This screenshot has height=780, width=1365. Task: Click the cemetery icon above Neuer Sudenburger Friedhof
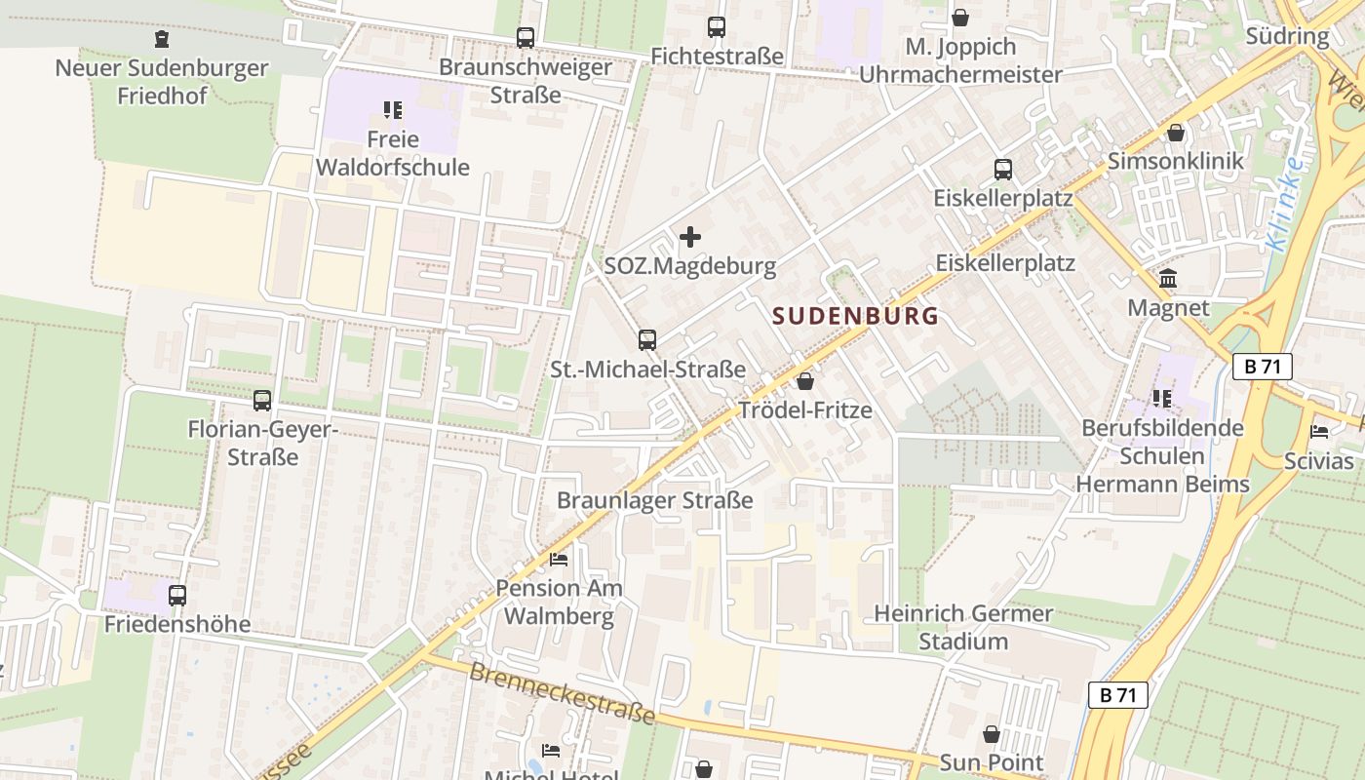[161, 39]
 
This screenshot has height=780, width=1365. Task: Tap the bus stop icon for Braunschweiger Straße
[526, 38]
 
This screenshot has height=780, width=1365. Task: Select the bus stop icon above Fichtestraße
[717, 27]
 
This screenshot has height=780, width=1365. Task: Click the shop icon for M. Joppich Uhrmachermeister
[960, 18]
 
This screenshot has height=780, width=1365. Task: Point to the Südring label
[1287, 37]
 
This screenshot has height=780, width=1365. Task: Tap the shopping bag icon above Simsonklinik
[1176, 133]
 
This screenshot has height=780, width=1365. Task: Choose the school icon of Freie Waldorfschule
[393, 110]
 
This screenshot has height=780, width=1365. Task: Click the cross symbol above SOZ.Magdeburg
[690, 237]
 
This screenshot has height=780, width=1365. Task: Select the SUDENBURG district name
[856, 316]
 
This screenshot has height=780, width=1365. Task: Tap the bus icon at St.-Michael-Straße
[647, 340]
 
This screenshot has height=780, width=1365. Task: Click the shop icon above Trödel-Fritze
[805, 381]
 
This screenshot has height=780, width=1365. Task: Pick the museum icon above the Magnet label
[1168, 280]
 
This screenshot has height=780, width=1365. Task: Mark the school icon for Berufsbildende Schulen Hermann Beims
[1162, 399]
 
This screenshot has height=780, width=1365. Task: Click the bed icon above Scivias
[1319, 432]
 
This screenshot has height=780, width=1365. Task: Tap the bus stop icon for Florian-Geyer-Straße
[262, 400]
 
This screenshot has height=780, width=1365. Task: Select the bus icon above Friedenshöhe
[177, 595]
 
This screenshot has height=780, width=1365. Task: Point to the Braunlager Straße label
[655, 500]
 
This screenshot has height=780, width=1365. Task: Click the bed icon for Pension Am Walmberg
[559, 560]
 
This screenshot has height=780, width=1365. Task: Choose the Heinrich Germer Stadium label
[963, 627]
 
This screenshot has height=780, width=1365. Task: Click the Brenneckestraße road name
[563, 693]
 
